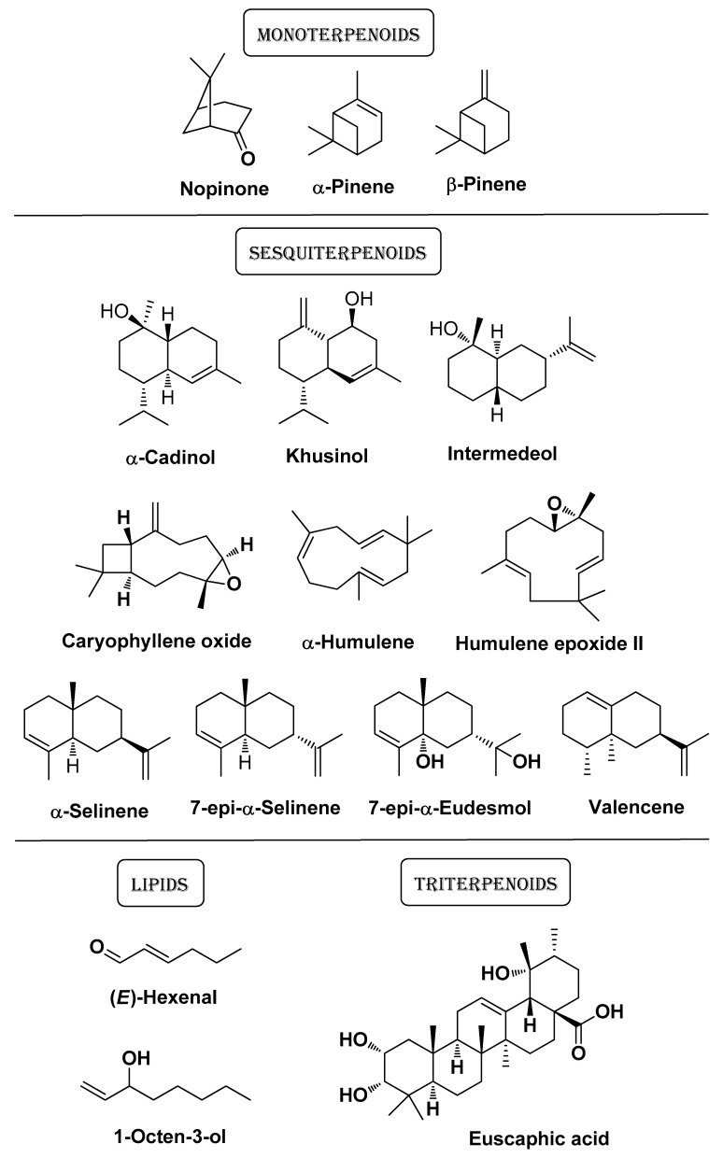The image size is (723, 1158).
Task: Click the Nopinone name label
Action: coord(224,189)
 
